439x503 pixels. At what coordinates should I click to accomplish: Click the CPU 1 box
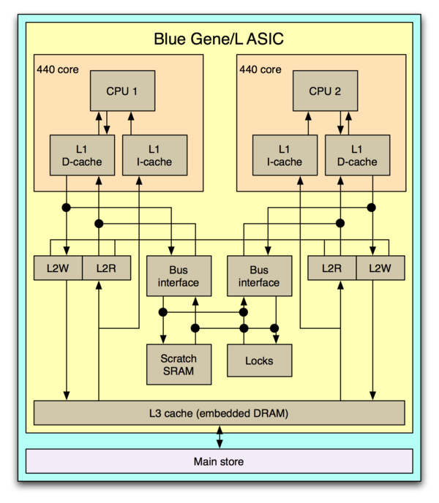[x=123, y=91]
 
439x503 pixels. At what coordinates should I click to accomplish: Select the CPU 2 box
[x=326, y=91]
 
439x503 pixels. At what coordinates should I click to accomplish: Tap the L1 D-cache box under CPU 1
[x=82, y=155]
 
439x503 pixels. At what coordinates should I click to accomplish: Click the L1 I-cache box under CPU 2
[x=285, y=155]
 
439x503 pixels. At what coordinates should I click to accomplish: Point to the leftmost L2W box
[x=58, y=268]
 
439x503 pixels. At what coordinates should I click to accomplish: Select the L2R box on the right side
[x=331, y=268]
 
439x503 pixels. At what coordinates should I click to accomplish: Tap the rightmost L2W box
[x=380, y=268]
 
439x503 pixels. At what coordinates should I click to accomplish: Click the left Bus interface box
[x=179, y=276]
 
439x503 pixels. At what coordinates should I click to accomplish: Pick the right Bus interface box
[x=259, y=276]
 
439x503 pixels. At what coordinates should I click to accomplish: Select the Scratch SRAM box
[x=179, y=365]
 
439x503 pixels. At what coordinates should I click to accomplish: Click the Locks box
[x=259, y=360]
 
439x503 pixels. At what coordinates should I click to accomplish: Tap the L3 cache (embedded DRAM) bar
[x=219, y=413]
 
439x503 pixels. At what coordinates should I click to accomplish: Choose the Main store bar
[x=219, y=461]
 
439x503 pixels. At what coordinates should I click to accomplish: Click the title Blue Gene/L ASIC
[x=219, y=39]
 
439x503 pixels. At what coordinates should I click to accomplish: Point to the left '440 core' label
[x=58, y=70]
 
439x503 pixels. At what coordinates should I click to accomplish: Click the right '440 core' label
[x=260, y=70]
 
